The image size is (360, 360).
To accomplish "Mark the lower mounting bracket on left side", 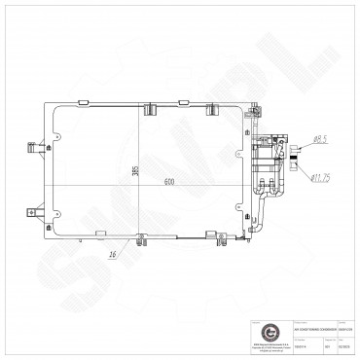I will point(37,210).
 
